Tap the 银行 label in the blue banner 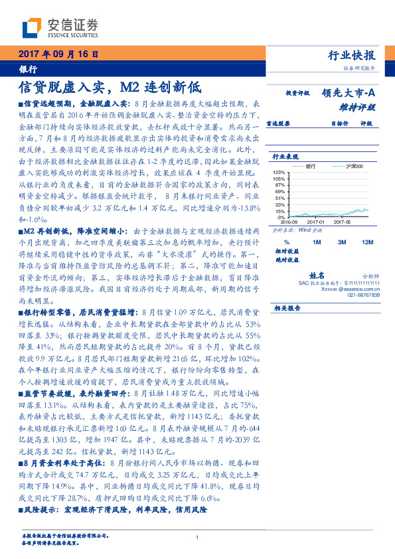click(28, 68)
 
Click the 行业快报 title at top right click(351, 55)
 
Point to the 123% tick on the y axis click(279, 172)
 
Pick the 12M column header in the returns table click(367, 242)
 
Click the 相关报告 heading click(287, 307)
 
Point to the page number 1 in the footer click(197, 538)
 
